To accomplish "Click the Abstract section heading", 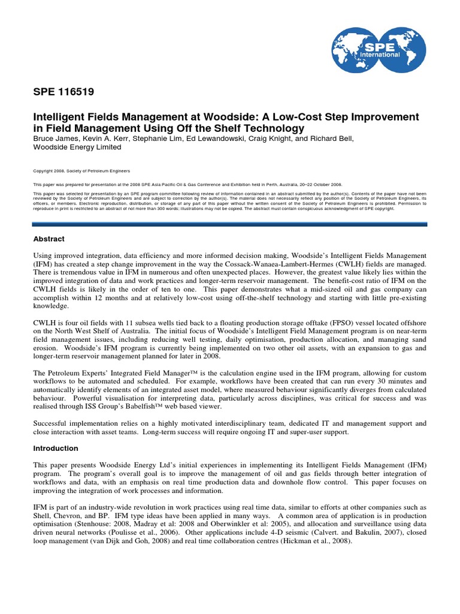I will (x=49, y=239).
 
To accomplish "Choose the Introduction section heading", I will (x=56, y=448).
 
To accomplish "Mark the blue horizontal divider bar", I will (x=230, y=224).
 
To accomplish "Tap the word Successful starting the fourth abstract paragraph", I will (x=50, y=423).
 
